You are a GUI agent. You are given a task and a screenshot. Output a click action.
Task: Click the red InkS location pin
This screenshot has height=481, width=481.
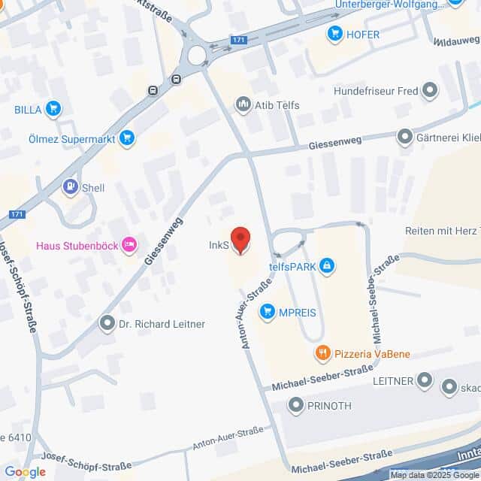pyautogui.click(x=240, y=240)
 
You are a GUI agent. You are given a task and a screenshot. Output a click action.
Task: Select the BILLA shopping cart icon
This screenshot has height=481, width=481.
pyautogui.click(x=53, y=110)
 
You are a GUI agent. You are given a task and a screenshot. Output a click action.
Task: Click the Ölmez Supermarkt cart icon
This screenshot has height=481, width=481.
pyautogui.click(x=128, y=137)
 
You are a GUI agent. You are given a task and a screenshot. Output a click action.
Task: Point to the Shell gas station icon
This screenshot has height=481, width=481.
pyautogui.click(x=71, y=187)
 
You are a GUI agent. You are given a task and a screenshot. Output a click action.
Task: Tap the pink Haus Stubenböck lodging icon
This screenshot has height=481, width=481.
pyautogui.click(x=129, y=244)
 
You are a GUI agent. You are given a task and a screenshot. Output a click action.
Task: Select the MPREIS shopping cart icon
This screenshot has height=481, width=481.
pyautogui.click(x=267, y=311)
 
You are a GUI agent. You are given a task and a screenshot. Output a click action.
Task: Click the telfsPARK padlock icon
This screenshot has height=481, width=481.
pyautogui.click(x=326, y=265)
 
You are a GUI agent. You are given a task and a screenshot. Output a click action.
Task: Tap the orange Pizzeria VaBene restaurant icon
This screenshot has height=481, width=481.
pyautogui.click(x=322, y=352)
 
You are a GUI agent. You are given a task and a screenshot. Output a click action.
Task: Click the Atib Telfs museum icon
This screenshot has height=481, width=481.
pyautogui.click(x=243, y=104)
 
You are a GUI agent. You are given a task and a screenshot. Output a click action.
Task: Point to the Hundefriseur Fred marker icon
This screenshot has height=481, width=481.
pyautogui.click(x=430, y=92)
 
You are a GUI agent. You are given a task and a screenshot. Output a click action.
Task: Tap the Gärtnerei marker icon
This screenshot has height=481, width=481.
pyautogui.click(x=405, y=138)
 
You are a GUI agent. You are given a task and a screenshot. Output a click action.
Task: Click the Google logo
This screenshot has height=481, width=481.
pyautogui.click(x=25, y=472)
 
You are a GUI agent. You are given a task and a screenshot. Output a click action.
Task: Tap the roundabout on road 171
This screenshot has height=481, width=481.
pyautogui.click(x=198, y=55)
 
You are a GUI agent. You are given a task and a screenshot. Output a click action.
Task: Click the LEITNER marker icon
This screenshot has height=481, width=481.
pyautogui.click(x=425, y=381)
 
